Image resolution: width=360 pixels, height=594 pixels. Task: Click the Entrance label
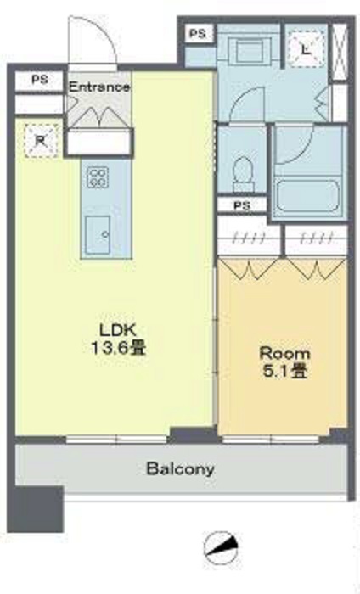[99, 87]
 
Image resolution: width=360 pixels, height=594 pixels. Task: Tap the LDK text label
[118, 330]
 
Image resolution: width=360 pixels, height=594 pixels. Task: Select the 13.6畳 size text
[118, 348]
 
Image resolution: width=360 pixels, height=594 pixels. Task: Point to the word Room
[284, 354]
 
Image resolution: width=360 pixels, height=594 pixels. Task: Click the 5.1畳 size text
[284, 372]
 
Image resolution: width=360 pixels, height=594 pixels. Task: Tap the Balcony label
[180, 469]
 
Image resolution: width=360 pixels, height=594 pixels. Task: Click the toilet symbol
[243, 174]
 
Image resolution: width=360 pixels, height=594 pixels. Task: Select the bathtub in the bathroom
[307, 196]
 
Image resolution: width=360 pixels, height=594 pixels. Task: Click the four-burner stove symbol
[98, 177]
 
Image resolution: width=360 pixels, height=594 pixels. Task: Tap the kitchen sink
[98, 235]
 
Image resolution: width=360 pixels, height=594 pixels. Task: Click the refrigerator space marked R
[41, 140]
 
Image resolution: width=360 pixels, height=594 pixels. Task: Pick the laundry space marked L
[307, 49]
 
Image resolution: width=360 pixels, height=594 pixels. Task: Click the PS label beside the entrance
[40, 80]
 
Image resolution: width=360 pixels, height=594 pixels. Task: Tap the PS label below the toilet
[242, 205]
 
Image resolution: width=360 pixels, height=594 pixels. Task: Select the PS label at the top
[198, 34]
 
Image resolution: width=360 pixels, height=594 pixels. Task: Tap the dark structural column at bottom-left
[35, 509]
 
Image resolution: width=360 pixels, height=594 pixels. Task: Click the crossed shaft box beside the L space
[339, 52]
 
